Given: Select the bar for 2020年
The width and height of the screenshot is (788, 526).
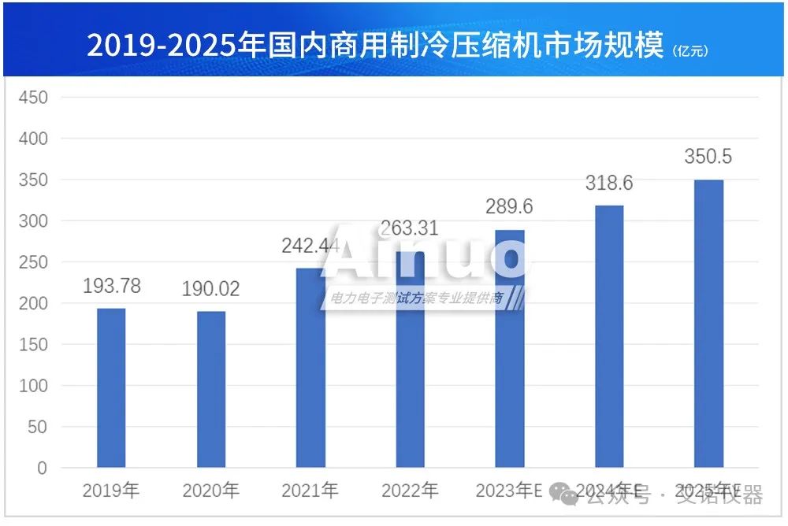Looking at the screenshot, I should pos(211,390).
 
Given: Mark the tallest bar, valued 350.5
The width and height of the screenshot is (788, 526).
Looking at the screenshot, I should pos(708,324).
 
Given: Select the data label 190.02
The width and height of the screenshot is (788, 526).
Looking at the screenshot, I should pos(211,289).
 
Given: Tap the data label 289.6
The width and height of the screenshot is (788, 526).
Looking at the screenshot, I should pos(510,207).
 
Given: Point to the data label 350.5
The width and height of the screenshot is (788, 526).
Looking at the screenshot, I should pos(708,157).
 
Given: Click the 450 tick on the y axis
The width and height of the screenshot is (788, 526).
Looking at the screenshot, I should pos(32,98).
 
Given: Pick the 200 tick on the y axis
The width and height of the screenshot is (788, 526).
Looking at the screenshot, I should pos(32,303).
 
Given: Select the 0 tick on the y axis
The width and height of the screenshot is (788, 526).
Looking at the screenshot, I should pos(42,469).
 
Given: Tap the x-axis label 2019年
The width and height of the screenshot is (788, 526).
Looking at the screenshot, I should pos(111,491).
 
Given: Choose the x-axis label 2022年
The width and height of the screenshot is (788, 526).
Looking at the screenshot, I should pos(410,491).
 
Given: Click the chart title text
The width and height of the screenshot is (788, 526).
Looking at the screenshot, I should pos(374,46).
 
